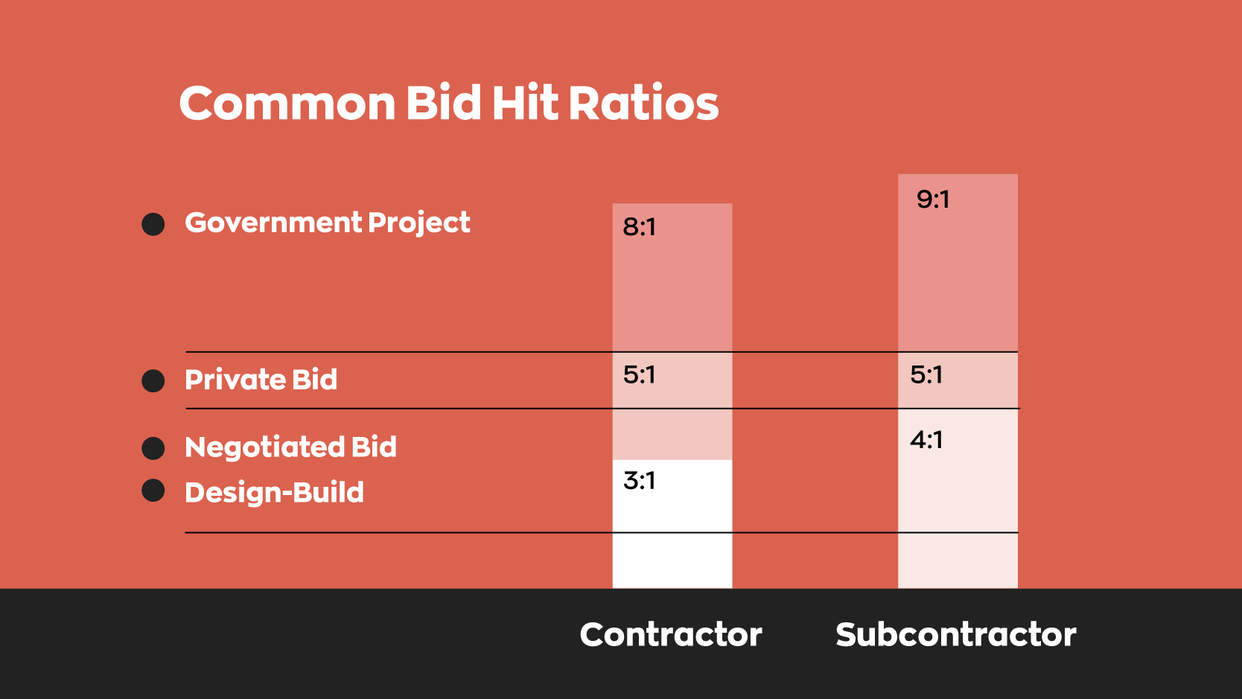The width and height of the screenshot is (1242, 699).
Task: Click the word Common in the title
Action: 287,103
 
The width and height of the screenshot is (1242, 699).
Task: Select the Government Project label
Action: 327,223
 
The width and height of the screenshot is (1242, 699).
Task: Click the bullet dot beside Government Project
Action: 153,224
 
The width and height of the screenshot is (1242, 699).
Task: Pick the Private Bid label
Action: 261,380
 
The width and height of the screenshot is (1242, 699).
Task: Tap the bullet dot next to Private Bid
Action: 153,381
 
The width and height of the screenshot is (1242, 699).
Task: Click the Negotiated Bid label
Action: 290,447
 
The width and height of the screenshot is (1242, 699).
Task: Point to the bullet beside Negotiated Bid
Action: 153,448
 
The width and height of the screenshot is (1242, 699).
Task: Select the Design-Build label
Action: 274,493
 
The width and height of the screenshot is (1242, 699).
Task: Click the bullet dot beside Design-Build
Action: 153,491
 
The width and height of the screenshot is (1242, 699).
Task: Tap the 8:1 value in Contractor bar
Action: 640,226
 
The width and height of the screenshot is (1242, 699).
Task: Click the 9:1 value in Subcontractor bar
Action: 933,200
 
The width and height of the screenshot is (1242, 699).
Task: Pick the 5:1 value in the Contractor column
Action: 640,374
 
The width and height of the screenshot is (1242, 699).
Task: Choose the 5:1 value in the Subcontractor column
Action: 926,374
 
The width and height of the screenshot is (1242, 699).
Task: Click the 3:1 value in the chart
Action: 640,481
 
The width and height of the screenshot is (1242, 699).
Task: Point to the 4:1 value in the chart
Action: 926,440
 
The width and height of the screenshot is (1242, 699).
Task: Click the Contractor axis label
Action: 671,635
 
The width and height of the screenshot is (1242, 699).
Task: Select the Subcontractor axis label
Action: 955,635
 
